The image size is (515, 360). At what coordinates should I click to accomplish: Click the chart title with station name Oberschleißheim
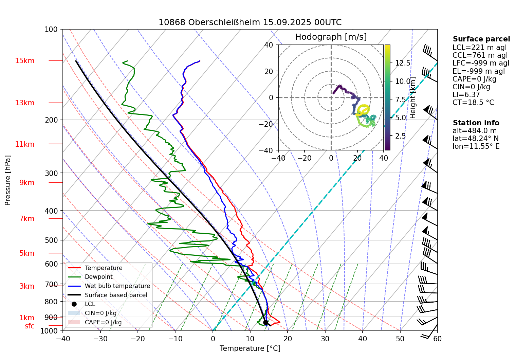(250, 22)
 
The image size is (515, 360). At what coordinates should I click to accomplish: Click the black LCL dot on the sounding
(265, 322)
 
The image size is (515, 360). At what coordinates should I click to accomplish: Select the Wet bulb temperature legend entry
(117, 286)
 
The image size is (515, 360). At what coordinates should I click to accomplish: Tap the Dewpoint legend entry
(98, 277)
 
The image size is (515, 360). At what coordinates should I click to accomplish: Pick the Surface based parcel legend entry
(116, 295)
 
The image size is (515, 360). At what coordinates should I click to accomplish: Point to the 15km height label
(24, 61)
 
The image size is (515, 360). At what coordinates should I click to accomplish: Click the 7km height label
(27, 219)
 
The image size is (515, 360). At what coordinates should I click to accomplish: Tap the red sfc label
(30, 326)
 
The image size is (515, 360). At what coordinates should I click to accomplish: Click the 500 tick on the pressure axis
(52, 240)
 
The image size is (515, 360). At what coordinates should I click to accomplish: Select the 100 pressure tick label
(51, 30)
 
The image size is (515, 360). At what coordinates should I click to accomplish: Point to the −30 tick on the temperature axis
(100, 339)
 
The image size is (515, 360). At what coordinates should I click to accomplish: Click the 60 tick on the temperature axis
(437, 339)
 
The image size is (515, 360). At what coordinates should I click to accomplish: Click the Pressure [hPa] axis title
(8, 180)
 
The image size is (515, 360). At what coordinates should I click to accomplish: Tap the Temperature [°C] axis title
(250, 348)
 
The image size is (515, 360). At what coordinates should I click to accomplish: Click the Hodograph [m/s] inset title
(331, 37)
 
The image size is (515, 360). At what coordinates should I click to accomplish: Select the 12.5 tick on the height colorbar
(403, 63)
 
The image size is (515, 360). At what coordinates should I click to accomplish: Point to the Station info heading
(476, 123)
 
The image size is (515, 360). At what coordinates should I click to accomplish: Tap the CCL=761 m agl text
(480, 55)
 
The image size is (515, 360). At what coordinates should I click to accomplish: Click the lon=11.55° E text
(476, 146)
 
